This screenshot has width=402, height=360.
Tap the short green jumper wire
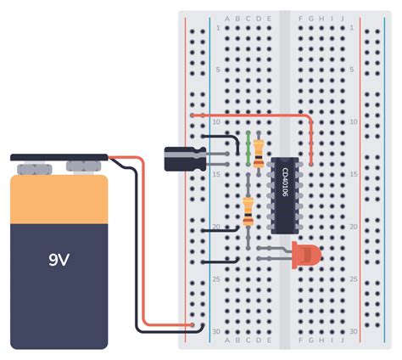[247, 149]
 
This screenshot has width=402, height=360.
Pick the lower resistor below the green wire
[248, 210]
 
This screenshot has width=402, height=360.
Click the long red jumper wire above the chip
[254, 115]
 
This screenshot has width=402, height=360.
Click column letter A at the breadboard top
[226, 19]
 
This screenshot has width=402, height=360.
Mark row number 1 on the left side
[218, 28]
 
